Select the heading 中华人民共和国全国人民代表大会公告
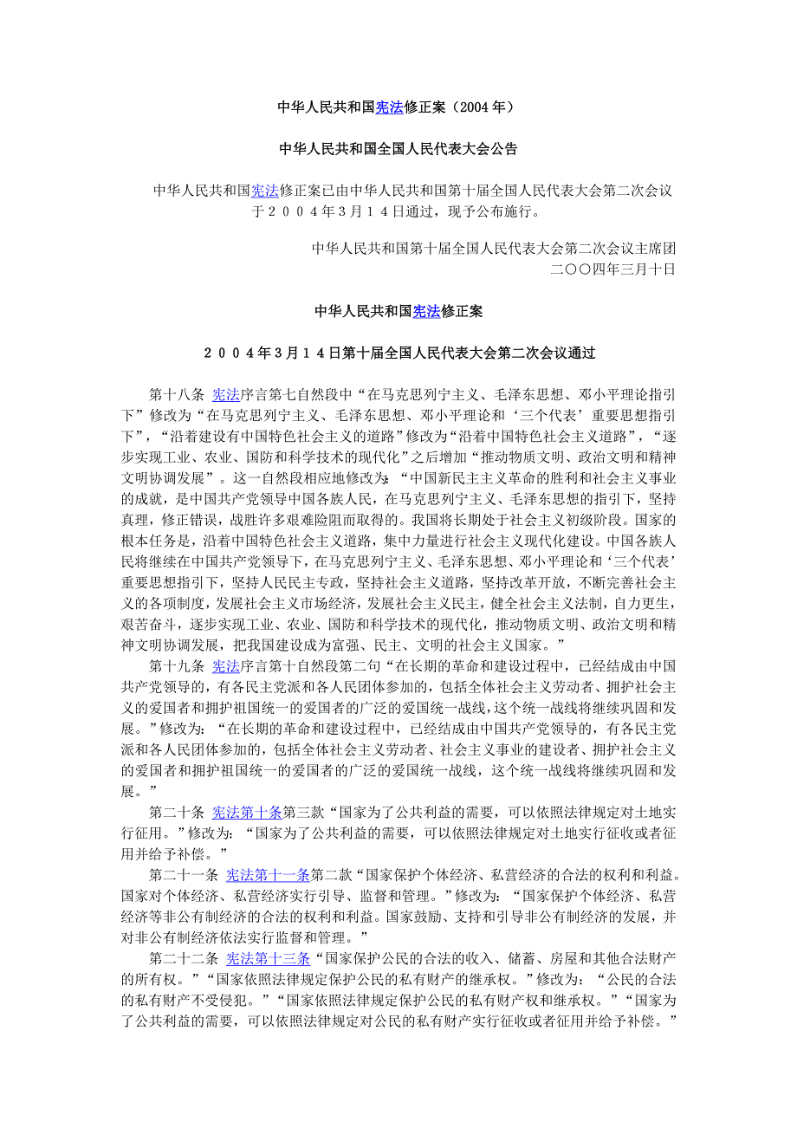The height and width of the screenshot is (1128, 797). pos(398,149)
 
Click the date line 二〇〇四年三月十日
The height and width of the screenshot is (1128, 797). pos(612,269)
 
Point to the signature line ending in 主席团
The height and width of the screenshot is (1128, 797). pos(494,248)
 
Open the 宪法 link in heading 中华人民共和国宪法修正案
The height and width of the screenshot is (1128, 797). pos(426,311)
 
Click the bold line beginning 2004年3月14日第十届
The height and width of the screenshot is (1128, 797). pos(398,353)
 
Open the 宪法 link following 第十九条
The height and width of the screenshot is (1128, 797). pos(226,666)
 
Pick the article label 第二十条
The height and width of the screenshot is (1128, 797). pos(177,812)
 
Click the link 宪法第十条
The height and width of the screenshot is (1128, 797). pos(247,812)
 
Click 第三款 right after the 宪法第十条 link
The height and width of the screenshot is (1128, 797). pos(302,812)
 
